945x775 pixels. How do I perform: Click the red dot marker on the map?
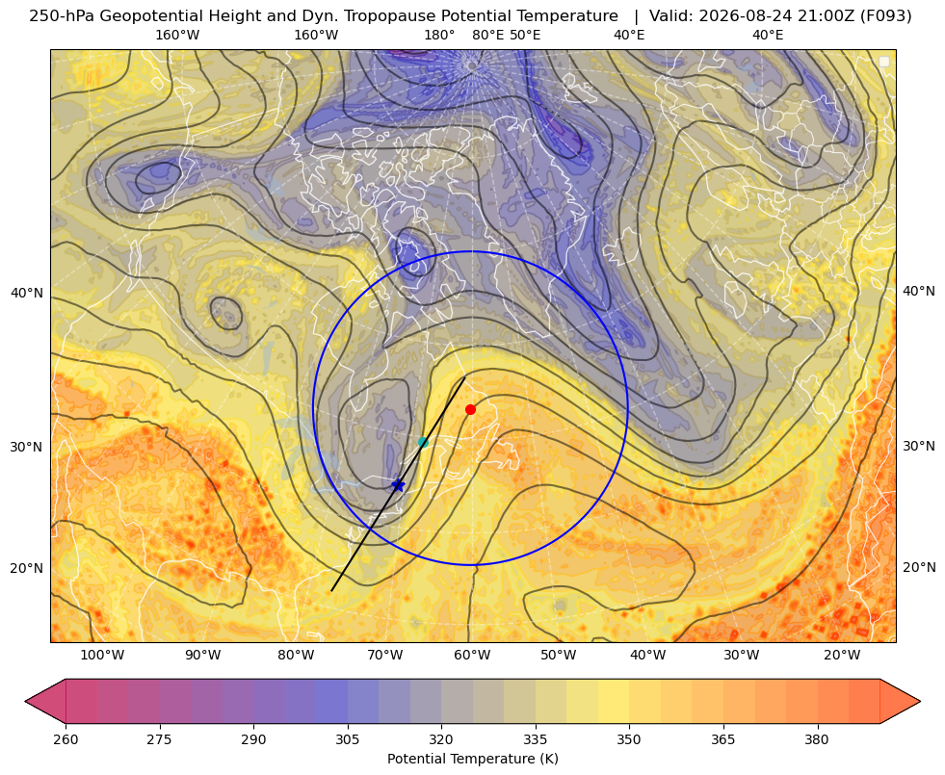(471, 409)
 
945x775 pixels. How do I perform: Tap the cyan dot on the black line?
(423, 442)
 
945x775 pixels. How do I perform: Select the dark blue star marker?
(398, 485)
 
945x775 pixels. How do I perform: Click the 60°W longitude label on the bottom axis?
(471, 656)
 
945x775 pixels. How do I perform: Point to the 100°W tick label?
(102, 656)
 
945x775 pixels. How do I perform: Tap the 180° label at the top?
(439, 35)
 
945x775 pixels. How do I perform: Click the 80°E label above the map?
(487, 35)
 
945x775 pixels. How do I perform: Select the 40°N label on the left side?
(27, 294)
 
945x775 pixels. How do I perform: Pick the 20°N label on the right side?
(919, 567)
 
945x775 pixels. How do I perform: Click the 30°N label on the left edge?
(27, 447)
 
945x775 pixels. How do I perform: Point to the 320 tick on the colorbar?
(441, 739)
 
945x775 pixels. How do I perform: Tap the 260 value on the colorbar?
(66, 739)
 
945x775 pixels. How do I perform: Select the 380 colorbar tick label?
(817, 739)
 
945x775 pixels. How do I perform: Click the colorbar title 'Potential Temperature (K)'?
(472, 759)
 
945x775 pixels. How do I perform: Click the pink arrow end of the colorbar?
(45, 701)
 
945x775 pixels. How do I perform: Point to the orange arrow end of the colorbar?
(900, 701)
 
